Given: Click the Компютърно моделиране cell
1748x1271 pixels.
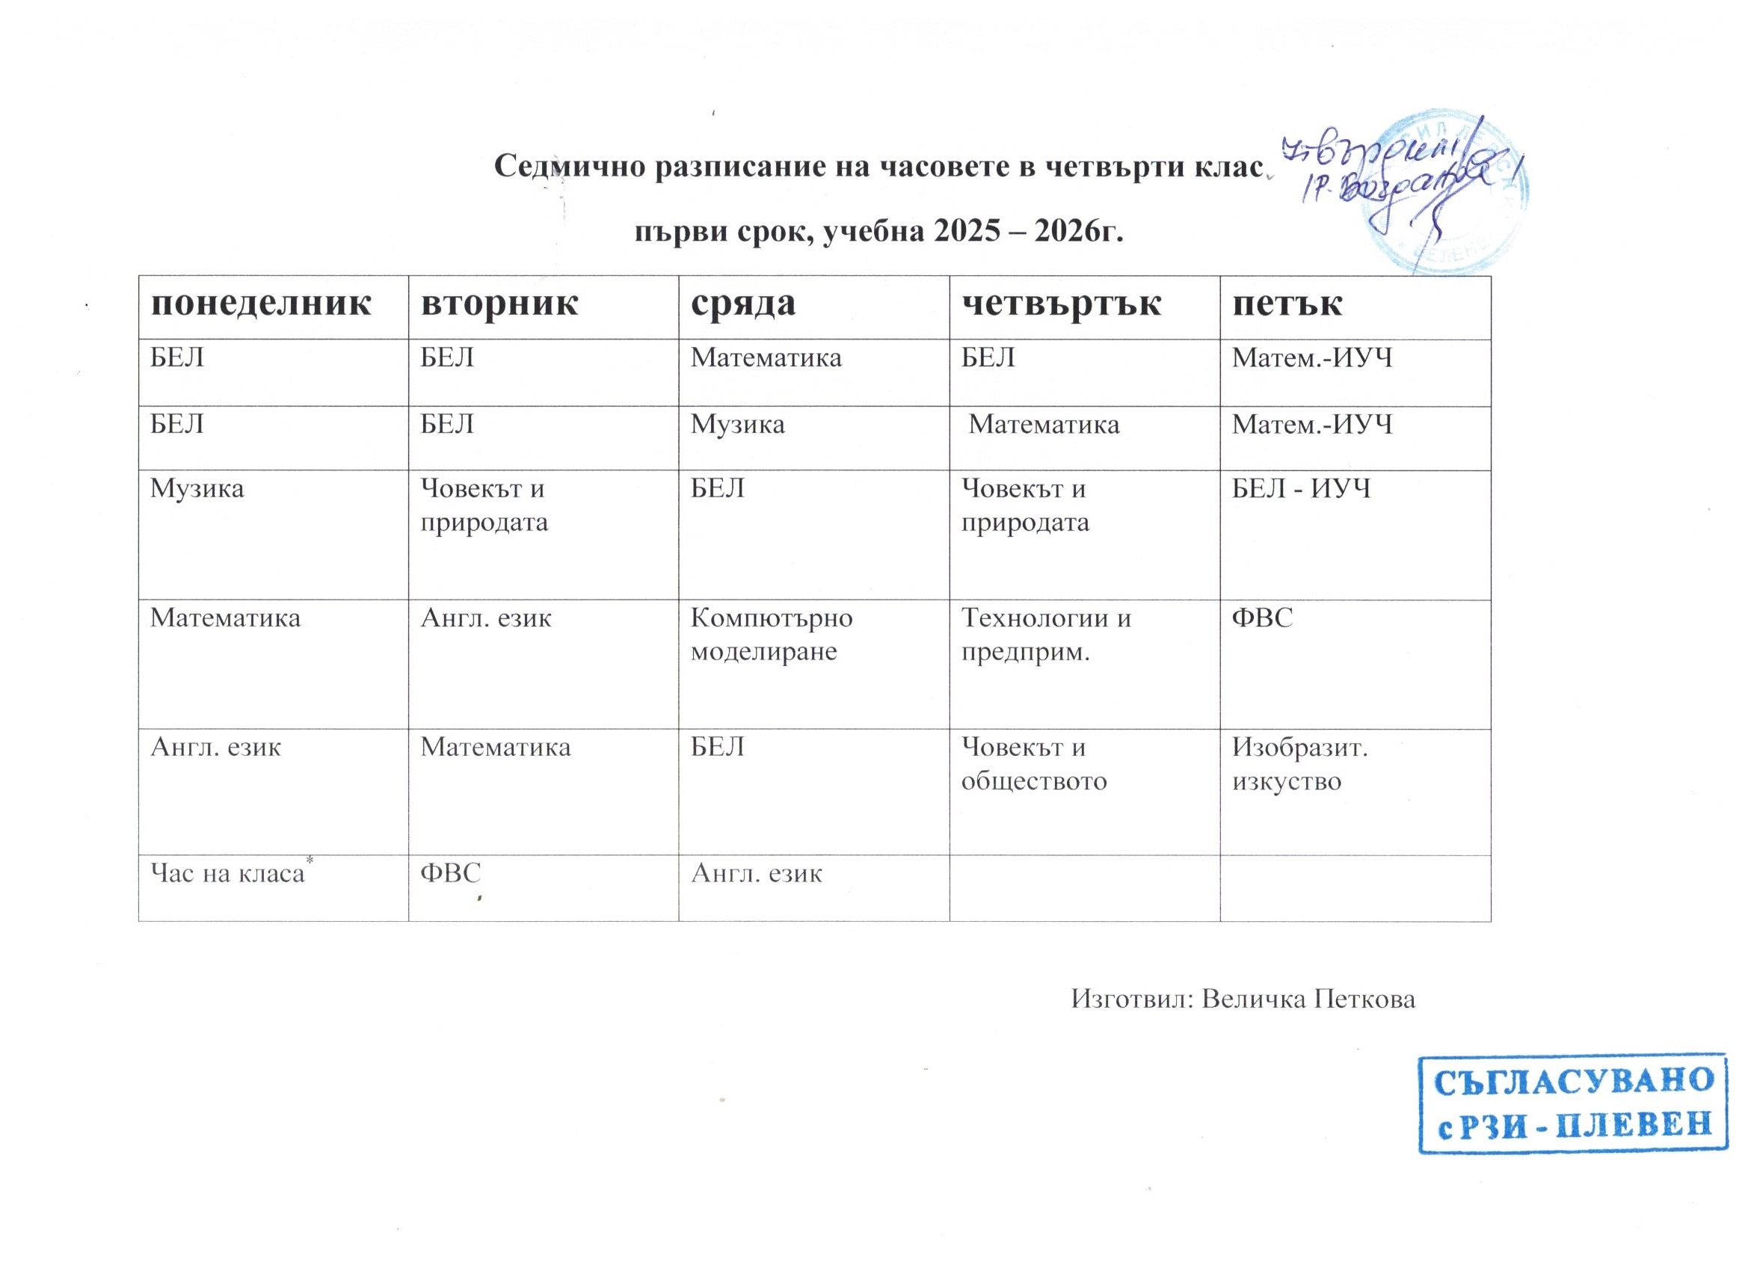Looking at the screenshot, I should [771, 635].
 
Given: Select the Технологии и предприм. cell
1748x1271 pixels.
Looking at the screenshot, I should [1045, 635].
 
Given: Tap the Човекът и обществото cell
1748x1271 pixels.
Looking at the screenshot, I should [1033, 765].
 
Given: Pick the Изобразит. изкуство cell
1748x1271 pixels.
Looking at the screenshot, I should [1299, 765].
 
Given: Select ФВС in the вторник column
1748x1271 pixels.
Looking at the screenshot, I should [450, 873].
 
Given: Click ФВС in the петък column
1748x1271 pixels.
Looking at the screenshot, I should [1262, 618].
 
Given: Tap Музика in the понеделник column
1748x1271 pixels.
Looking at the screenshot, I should [197, 489].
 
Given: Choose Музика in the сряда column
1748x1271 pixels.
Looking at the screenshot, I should [737, 424].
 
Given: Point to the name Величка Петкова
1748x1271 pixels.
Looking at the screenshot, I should [1309, 999].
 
